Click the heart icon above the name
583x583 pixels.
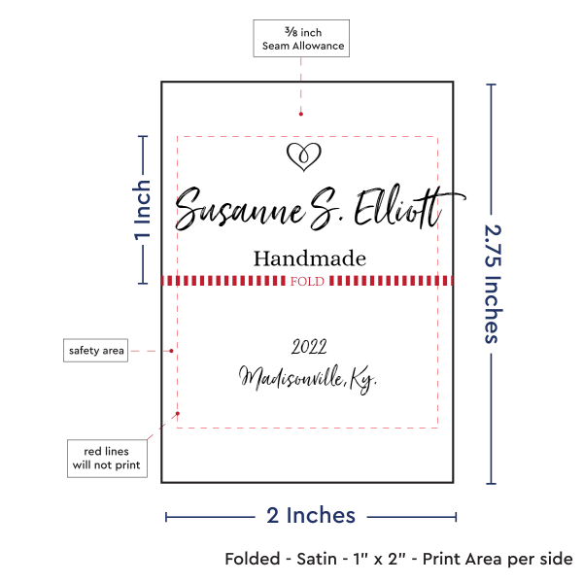click(x=304, y=156)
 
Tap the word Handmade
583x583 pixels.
click(x=310, y=258)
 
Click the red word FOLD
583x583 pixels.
click(x=307, y=281)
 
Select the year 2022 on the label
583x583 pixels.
click(x=309, y=347)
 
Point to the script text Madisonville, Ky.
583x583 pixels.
click(x=307, y=379)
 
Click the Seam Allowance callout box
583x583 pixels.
click(x=301, y=38)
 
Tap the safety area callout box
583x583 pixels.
click(x=95, y=350)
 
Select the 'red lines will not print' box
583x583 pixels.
click(x=107, y=459)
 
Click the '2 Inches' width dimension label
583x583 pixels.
click(x=311, y=516)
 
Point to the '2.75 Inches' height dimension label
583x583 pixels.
click(x=493, y=284)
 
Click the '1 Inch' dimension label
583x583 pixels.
click(x=143, y=210)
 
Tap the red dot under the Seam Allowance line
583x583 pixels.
click(x=301, y=114)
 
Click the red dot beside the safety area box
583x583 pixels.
click(x=171, y=351)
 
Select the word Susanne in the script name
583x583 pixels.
click(x=240, y=209)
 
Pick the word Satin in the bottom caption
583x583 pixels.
click(x=317, y=559)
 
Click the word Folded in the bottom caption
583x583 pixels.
click(x=253, y=559)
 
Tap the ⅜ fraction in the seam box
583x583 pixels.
click(x=291, y=31)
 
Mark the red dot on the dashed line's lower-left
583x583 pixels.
click(x=178, y=414)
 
